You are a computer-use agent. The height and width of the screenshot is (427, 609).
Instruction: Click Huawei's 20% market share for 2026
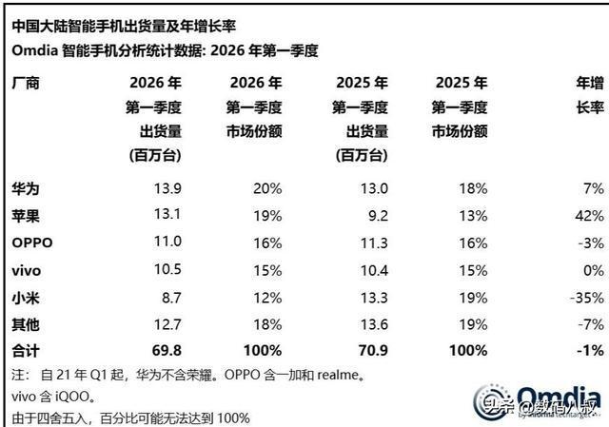click(x=269, y=189)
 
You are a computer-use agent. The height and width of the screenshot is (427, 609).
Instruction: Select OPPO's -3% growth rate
click(x=591, y=243)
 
